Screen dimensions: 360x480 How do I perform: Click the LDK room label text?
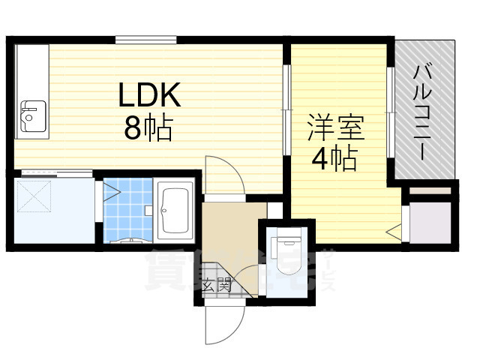[148, 95]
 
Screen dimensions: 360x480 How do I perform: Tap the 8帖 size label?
[148, 129]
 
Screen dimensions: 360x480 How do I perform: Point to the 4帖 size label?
[334, 158]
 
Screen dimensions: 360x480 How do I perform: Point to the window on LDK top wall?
[145, 39]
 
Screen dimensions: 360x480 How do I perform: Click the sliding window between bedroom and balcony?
[389, 112]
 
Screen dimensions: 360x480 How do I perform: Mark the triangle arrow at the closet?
[393, 232]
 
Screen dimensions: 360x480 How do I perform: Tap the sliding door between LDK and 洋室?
[286, 112]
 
